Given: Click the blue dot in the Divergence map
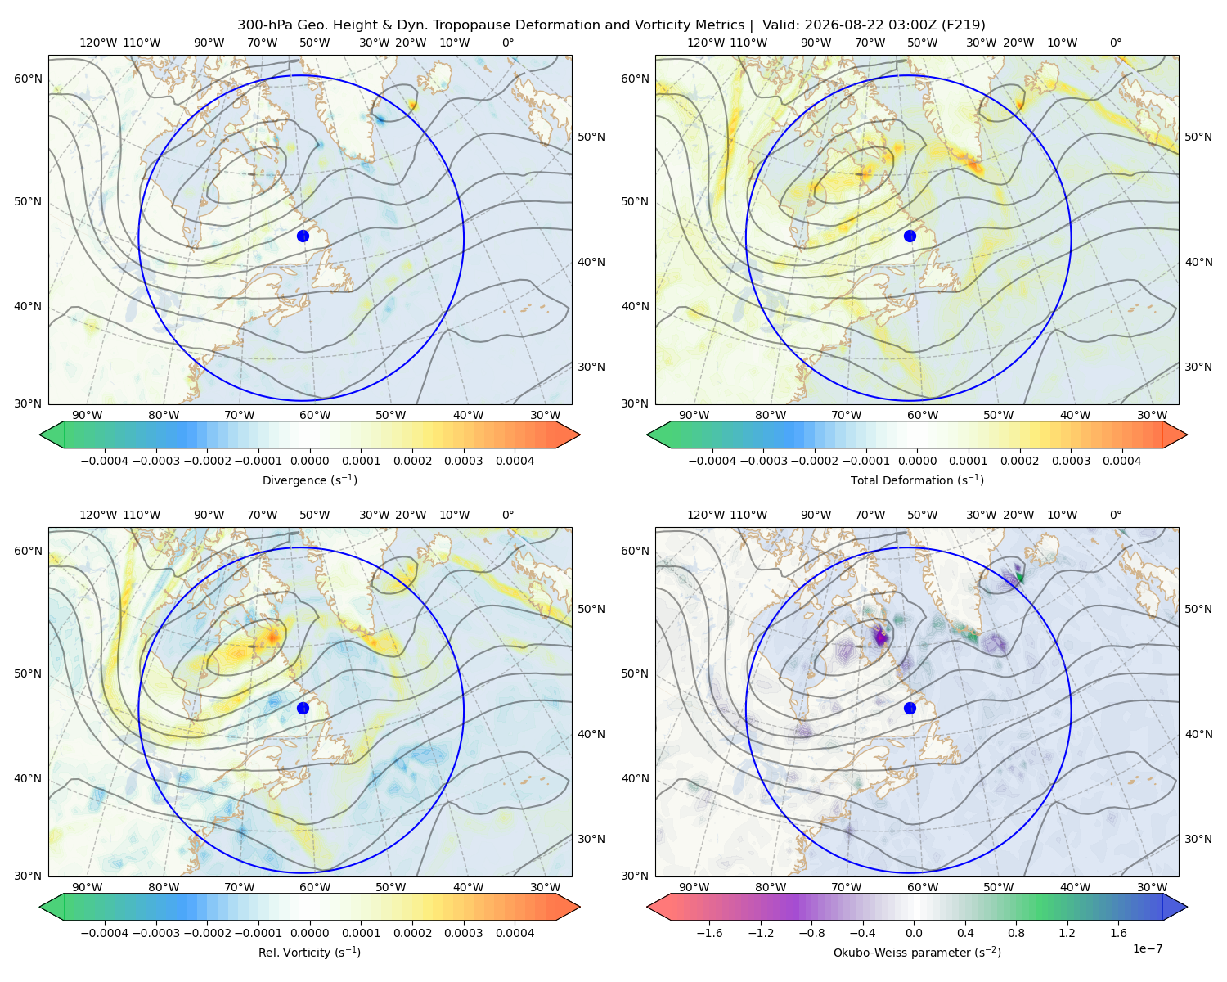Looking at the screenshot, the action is pyautogui.click(x=303, y=236).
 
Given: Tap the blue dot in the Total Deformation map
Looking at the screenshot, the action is pyautogui.click(x=910, y=236).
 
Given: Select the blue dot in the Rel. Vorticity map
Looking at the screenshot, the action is pyautogui.click(x=303, y=708).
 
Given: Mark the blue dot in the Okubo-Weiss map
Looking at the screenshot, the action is pyautogui.click(x=910, y=708).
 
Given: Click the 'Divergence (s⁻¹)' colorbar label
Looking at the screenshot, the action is pyautogui.click(x=309, y=480).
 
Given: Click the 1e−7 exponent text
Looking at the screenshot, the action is pyautogui.click(x=1147, y=948).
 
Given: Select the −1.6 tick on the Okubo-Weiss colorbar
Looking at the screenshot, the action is pyautogui.click(x=709, y=932).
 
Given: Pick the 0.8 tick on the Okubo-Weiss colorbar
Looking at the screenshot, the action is pyautogui.click(x=1016, y=932).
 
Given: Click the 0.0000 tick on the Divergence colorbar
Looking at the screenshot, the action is pyautogui.click(x=309, y=461).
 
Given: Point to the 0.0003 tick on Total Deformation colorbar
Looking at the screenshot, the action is pyautogui.click(x=1070, y=461).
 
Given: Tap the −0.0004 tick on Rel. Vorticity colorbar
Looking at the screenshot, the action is pyautogui.click(x=105, y=932).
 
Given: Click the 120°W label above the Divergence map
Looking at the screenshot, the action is pyautogui.click(x=98, y=43).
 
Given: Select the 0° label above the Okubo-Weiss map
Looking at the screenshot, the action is pyautogui.click(x=1115, y=515).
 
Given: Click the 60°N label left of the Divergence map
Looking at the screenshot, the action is pyautogui.click(x=28, y=79).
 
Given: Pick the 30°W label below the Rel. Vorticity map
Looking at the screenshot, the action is pyautogui.click(x=545, y=887).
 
